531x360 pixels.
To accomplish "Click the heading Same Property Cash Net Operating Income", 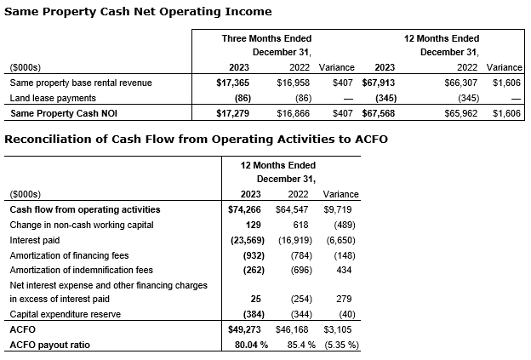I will point(138,11).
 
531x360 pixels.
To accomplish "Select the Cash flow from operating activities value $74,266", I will point(241,209).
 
